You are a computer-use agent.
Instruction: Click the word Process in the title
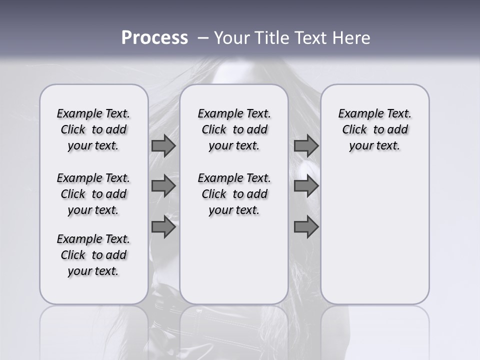pos(154,38)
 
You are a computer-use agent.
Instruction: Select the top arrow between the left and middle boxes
pos(163,145)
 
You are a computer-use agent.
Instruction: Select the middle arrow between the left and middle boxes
pos(163,186)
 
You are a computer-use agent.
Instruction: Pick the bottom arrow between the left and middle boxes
pos(163,227)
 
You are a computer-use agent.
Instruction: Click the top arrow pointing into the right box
pos(306,145)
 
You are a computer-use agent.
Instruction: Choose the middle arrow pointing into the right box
pos(306,186)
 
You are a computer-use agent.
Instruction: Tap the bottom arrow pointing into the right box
pos(306,227)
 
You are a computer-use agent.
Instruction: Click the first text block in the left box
pos(93,129)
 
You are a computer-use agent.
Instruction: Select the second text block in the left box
pos(93,194)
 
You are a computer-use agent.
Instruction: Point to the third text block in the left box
pos(93,255)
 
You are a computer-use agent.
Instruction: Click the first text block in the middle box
pos(234,129)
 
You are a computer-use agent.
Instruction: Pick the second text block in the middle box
pos(234,194)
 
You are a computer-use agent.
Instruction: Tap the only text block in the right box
pos(374,129)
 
